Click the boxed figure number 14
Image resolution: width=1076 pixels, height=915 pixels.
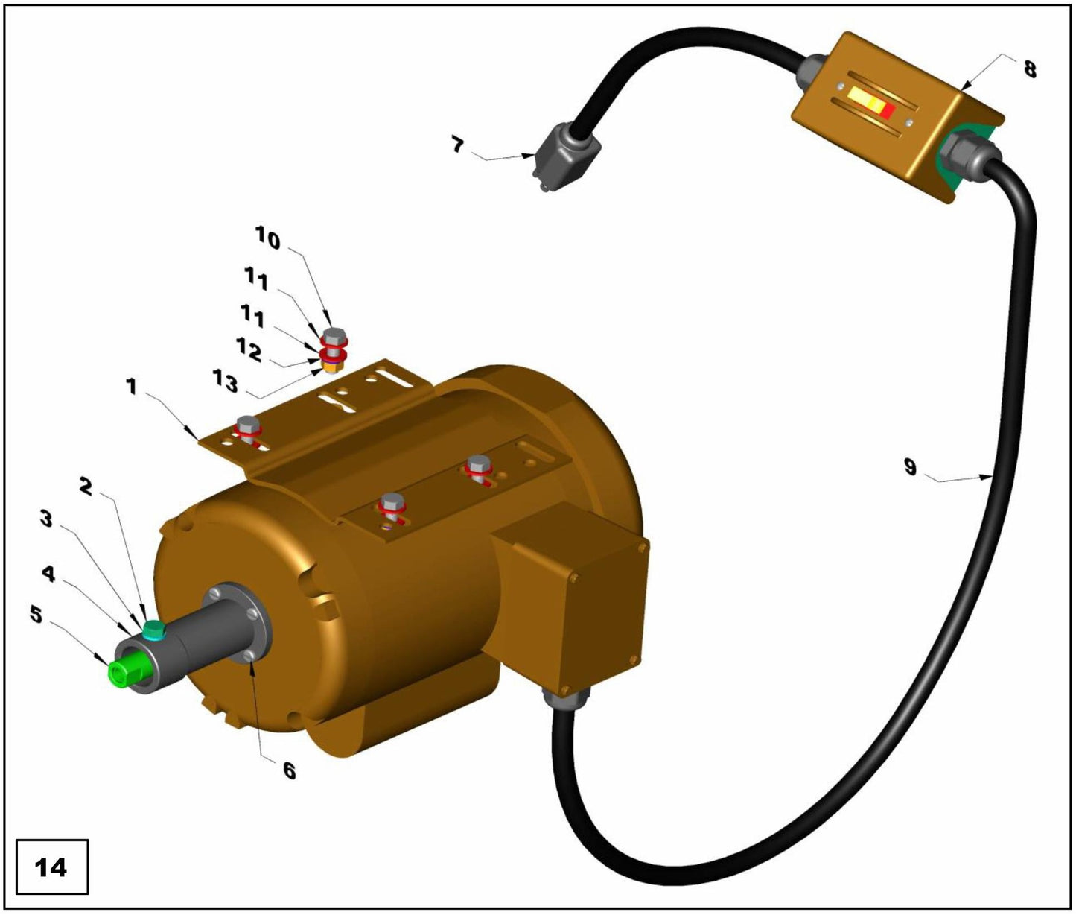[51, 867]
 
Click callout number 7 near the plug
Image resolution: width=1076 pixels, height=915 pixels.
[458, 144]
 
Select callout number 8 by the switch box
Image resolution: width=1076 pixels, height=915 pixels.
[1029, 69]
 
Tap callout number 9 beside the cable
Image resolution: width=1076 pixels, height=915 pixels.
[910, 467]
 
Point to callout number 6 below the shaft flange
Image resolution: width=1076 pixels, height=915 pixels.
[289, 770]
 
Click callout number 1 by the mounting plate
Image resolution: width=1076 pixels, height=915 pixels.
[131, 386]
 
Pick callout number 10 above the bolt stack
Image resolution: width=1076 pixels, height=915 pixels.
[267, 239]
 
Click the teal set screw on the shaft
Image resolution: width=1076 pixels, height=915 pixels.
[154, 630]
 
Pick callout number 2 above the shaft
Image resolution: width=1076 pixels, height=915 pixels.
[86, 487]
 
